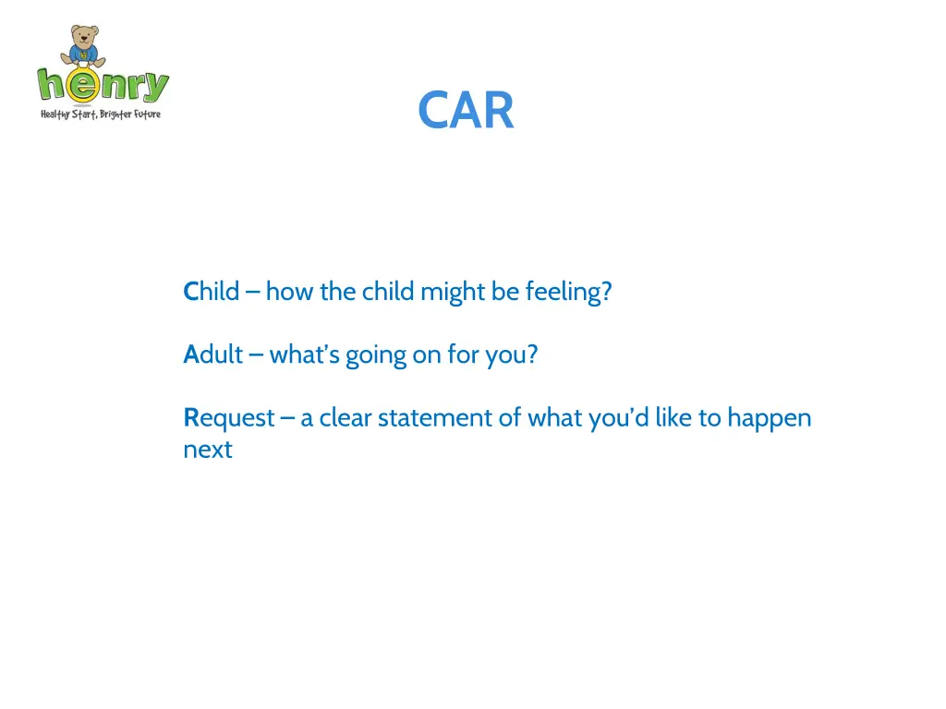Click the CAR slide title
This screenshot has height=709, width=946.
tap(466, 111)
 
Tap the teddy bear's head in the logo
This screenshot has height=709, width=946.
tap(84, 37)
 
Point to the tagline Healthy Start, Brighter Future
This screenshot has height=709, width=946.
tap(100, 114)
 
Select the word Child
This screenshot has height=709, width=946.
tap(212, 293)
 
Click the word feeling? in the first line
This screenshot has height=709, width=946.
tap(568, 293)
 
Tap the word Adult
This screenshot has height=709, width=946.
tap(212, 355)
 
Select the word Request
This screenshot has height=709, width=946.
tap(228, 418)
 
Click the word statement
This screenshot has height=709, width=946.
tap(434, 418)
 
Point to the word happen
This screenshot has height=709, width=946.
tap(770, 418)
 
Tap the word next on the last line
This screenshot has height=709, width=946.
tap(207, 451)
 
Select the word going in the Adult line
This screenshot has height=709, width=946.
tap(376, 355)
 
